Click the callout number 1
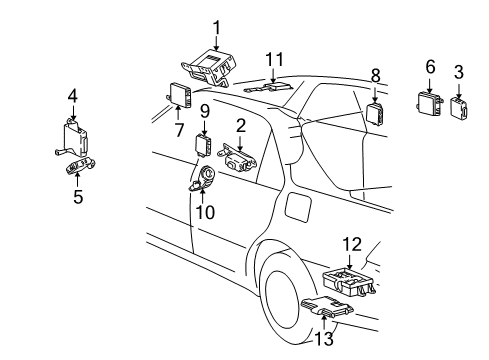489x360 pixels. [x=217, y=28]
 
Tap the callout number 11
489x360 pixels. [x=274, y=60]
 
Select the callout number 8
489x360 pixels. [x=375, y=76]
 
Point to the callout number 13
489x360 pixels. [x=324, y=339]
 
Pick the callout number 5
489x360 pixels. [x=78, y=197]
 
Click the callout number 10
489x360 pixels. [x=205, y=212]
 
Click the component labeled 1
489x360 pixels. [x=209, y=68]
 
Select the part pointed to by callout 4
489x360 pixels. [x=73, y=138]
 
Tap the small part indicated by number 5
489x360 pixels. [x=80, y=165]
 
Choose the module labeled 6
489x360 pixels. [x=430, y=104]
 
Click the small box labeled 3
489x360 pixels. [x=459, y=107]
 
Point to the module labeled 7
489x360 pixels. [x=180, y=95]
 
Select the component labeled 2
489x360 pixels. [x=237, y=158]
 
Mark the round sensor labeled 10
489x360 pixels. [x=204, y=178]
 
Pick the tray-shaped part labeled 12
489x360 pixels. [x=349, y=283]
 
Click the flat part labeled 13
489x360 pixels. [x=327, y=306]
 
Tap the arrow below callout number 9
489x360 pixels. [x=204, y=127]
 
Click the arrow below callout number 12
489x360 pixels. [x=349, y=261]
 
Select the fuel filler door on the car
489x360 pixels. [x=299, y=207]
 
